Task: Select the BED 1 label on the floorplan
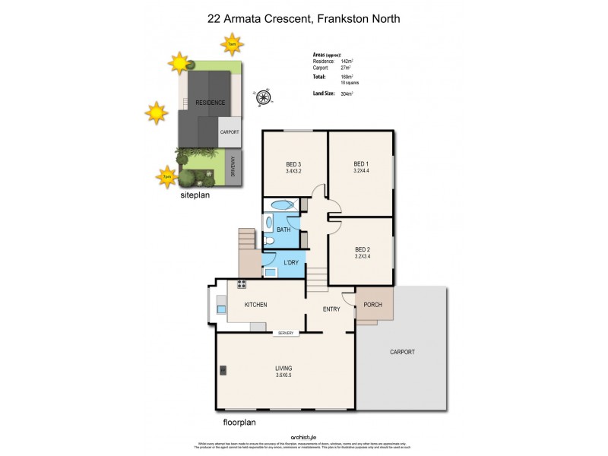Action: (x=361, y=164)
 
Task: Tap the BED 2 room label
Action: (x=361, y=249)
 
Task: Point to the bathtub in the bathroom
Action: (x=280, y=205)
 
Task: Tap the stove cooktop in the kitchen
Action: (x=242, y=284)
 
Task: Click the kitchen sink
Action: (x=221, y=309)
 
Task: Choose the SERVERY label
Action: (x=286, y=333)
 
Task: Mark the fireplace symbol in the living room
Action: (x=223, y=371)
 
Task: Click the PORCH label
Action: (x=374, y=306)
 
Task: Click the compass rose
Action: (x=264, y=97)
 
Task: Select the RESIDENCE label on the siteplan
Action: (x=210, y=102)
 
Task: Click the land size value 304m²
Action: (x=347, y=93)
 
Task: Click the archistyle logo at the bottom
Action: (x=303, y=437)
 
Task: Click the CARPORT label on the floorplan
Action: (x=402, y=352)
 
